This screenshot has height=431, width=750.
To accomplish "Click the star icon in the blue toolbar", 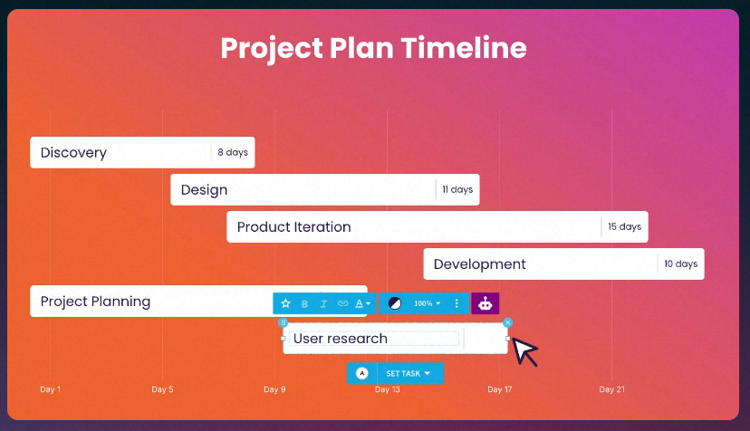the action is [285, 303].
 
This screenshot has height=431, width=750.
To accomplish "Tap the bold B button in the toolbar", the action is [304, 303].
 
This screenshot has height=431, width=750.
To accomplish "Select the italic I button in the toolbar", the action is [323, 303].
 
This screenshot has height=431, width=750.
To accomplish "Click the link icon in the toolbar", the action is [343, 303].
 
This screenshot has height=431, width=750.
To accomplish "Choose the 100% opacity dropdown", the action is [428, 303].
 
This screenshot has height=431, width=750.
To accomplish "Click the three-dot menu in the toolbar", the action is [457, 303].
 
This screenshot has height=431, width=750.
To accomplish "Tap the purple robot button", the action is [485, 303].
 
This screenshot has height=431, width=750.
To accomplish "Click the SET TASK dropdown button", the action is [408, 373].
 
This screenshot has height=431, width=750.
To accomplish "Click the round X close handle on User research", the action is [507, 323].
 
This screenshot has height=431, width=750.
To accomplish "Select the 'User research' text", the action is [340, 339].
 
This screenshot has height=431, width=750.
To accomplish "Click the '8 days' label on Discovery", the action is [233, 152].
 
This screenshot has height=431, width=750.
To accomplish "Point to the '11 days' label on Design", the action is [457, 189].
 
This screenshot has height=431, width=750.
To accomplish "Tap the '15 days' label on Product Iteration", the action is [625, 226].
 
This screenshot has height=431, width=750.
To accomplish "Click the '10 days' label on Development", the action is [680, 263].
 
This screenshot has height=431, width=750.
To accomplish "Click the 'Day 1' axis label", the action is [50, 389].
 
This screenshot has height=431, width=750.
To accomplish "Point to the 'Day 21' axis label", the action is [611, 389].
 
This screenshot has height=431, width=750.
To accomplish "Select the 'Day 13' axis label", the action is [387, 389].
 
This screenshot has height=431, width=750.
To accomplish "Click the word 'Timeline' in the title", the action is [464, 48].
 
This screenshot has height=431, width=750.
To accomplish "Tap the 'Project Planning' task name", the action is [95, 302].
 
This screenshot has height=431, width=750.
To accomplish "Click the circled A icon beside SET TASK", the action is [362, 373].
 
